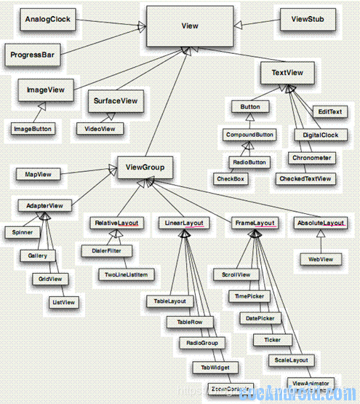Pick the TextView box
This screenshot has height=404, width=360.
pyautogui.click(x=287, y=73)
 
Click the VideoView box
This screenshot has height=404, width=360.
pyautogui.click(x=100, y=128)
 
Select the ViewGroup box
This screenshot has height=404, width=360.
pyautogui.click(x=145, y=167)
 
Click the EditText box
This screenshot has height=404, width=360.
pyautogui.click(x=329, y=111)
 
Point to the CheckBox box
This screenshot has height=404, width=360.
pyautogui.click(x=229, y=178)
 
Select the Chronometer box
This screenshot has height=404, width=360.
pyautogui.click(x=311, y=157)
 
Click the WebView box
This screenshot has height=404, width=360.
pyautogui.click(x=321, y=258)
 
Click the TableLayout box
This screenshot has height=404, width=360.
pyautogui.click(x=170, y=300)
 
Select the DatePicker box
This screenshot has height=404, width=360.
pyautogui.click(x=260, y=319)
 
